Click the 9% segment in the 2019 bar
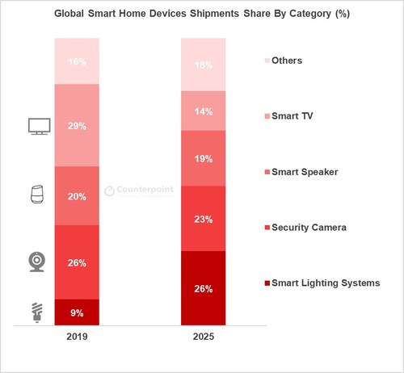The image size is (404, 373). pyautogui.click(x=76, y=312)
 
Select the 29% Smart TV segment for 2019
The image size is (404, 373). pyautogui.click(x=76, y=125)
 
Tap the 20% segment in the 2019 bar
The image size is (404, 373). pyautogui.click(x=76, y=195)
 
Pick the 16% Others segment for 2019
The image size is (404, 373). pyautogui.click(x=76, y=61)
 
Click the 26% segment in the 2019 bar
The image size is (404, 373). pyautogui.click(x=76, y=262)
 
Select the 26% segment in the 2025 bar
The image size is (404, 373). pyautogui.click(x=203, y=288)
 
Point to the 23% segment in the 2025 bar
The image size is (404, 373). pyautogui.click(x=203, y=218)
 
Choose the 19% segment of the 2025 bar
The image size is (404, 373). pyautogui.click(x=203, y=158)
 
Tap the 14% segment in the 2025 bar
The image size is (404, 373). pyautogui.click(x=203, y=111)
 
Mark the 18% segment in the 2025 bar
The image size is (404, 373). pyautogui.click(x=203, y=64)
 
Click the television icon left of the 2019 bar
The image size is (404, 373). pyautogui.click(x=38, y=126)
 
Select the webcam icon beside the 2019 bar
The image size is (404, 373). pyautogui.click(x=38, y=262)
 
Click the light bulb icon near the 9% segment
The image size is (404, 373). pyautogui.click(x=37, y=312)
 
